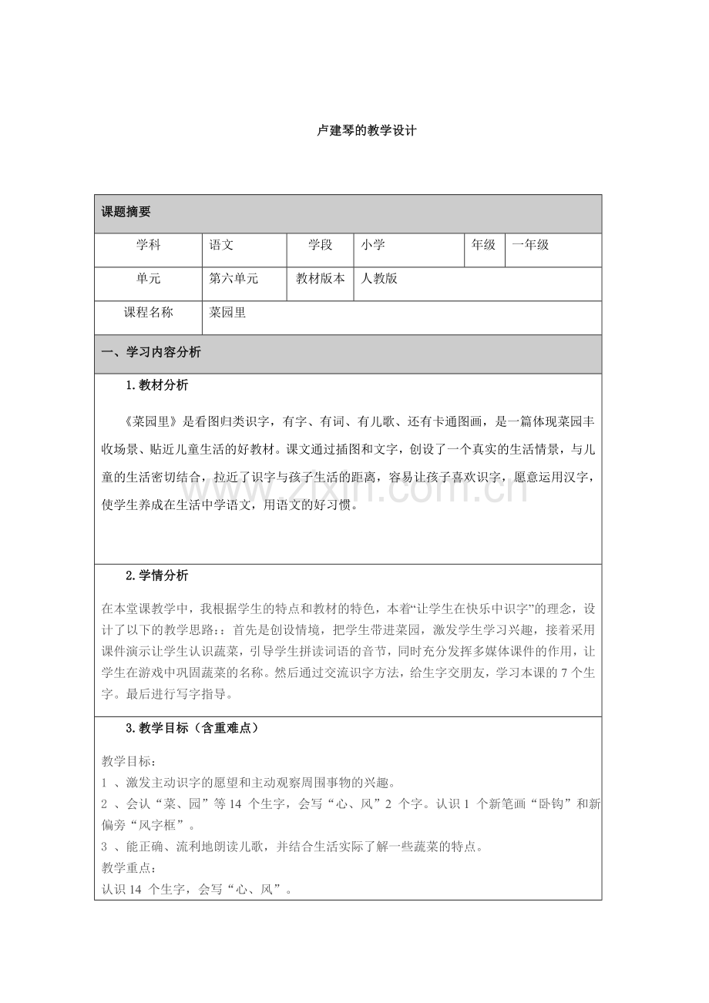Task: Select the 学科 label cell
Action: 148,245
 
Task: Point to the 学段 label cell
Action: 321,245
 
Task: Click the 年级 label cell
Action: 484,245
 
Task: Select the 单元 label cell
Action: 148,279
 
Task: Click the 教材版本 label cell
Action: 321,279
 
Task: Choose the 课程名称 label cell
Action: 148,313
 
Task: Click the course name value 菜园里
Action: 228,313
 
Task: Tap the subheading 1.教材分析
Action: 156,385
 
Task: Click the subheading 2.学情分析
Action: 156,575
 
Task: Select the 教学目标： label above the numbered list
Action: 128,761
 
